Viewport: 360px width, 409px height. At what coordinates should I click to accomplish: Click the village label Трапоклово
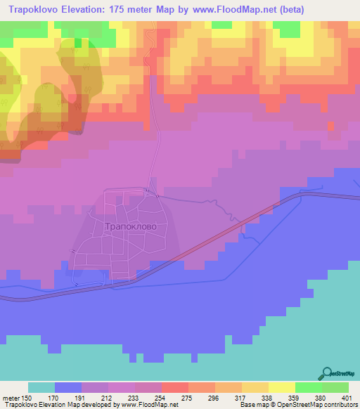tap(126, 227)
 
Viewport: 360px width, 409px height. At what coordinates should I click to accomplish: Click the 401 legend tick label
tap(345, 397)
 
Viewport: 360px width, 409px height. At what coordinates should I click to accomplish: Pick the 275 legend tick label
tap(186, 397)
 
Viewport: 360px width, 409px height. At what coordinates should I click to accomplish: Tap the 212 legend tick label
tap(107, 397)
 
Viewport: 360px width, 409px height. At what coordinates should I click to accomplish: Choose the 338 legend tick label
tap(265, 397)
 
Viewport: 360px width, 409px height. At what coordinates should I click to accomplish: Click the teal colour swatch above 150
tap(41, 387)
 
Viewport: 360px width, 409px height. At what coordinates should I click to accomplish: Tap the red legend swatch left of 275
tap(174, 387)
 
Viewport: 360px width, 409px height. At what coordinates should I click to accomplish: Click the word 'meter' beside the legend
tap(11, 397)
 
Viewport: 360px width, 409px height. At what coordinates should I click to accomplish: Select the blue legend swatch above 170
tap(68, 387)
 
